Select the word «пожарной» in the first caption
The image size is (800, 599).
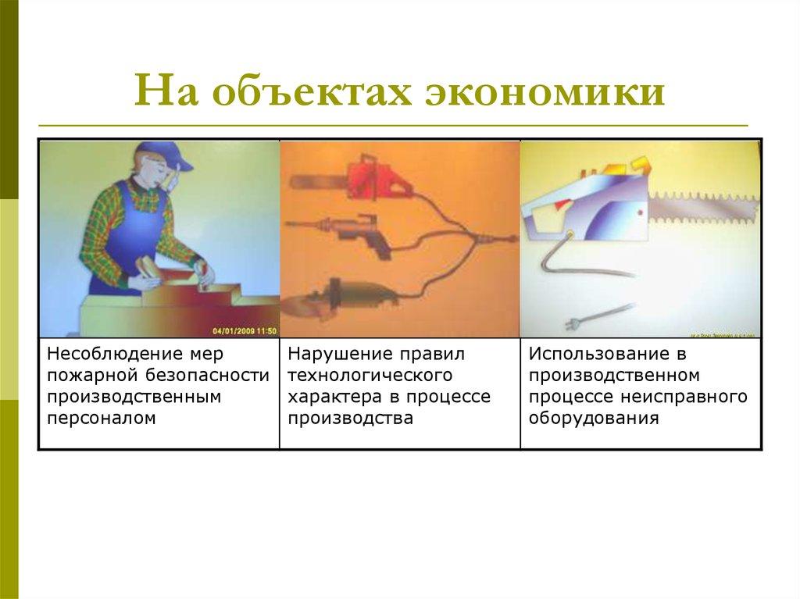[x=90, y=375]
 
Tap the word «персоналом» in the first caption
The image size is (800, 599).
[x=101, y=418]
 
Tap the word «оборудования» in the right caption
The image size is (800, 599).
[x=593, y=418]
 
